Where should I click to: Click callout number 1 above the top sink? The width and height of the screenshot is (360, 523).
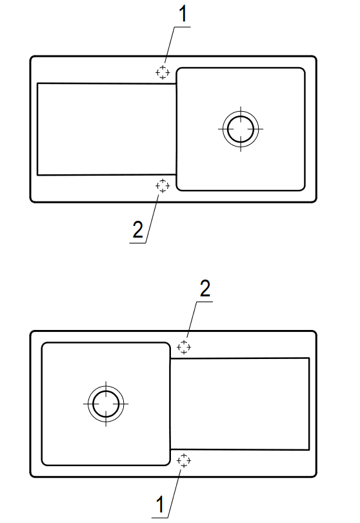[183, 14]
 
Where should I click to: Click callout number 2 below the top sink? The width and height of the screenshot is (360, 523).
[137, 230]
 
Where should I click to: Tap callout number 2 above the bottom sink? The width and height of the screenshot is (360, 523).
[205, 289]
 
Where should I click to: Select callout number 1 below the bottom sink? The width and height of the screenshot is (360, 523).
[161, 504]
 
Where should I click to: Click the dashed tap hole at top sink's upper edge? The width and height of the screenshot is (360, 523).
[163, 72]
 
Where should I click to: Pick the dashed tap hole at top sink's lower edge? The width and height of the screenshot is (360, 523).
[163, 186]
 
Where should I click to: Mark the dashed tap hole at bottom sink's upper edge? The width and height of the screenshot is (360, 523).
[184, 347]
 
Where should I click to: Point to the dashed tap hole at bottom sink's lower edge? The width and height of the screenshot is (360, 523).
[184, 460]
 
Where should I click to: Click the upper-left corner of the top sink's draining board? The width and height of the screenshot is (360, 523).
[37, 83]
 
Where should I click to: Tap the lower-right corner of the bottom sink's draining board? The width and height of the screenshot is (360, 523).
[309, 449]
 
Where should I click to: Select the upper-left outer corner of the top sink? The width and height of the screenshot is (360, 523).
[32, 57]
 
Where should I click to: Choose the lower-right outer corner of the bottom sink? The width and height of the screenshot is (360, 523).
[315, 475]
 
